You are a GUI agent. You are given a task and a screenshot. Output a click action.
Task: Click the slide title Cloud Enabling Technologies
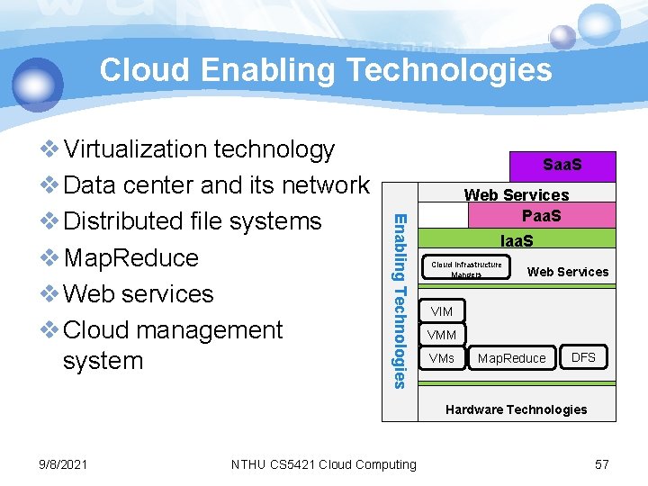tap(325, 69)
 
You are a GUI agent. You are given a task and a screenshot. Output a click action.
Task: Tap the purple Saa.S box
tap(562, 166)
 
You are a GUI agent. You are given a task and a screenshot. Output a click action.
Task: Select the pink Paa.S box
tap(542, 216)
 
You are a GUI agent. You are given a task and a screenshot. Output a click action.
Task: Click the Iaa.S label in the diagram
tap(517, 240)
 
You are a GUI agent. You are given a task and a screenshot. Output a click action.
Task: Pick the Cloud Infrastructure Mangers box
tap(466, 268)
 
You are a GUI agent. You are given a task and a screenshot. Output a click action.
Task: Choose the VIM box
tap(442, 311)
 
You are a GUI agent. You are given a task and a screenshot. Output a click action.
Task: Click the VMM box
tap(442, 335)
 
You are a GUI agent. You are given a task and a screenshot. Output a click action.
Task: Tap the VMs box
tap(442, 358)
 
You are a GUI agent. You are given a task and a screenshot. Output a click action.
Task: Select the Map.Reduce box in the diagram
tap(511, 358)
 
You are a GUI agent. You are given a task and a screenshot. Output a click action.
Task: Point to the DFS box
tap(583, 357)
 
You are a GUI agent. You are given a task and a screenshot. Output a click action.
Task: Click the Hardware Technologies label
tap(517, 409)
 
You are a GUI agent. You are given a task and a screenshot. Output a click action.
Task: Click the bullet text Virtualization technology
tap(199, 148)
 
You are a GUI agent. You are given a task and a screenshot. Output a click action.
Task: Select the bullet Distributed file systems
tap(192, 221)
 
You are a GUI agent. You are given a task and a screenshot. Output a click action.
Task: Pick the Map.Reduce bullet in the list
tap(130, 257)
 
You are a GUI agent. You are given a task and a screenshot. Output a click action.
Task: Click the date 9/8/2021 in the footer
tap(64, 464)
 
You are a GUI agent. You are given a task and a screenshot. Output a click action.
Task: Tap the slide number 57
tap(602, 464)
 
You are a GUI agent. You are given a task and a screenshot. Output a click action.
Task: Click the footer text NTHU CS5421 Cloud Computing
tap(324, 464)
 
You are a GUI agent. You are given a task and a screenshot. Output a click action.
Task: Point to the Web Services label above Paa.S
tap(517, 194)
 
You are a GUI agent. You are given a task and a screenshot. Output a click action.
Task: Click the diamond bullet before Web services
tap(50, 294)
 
